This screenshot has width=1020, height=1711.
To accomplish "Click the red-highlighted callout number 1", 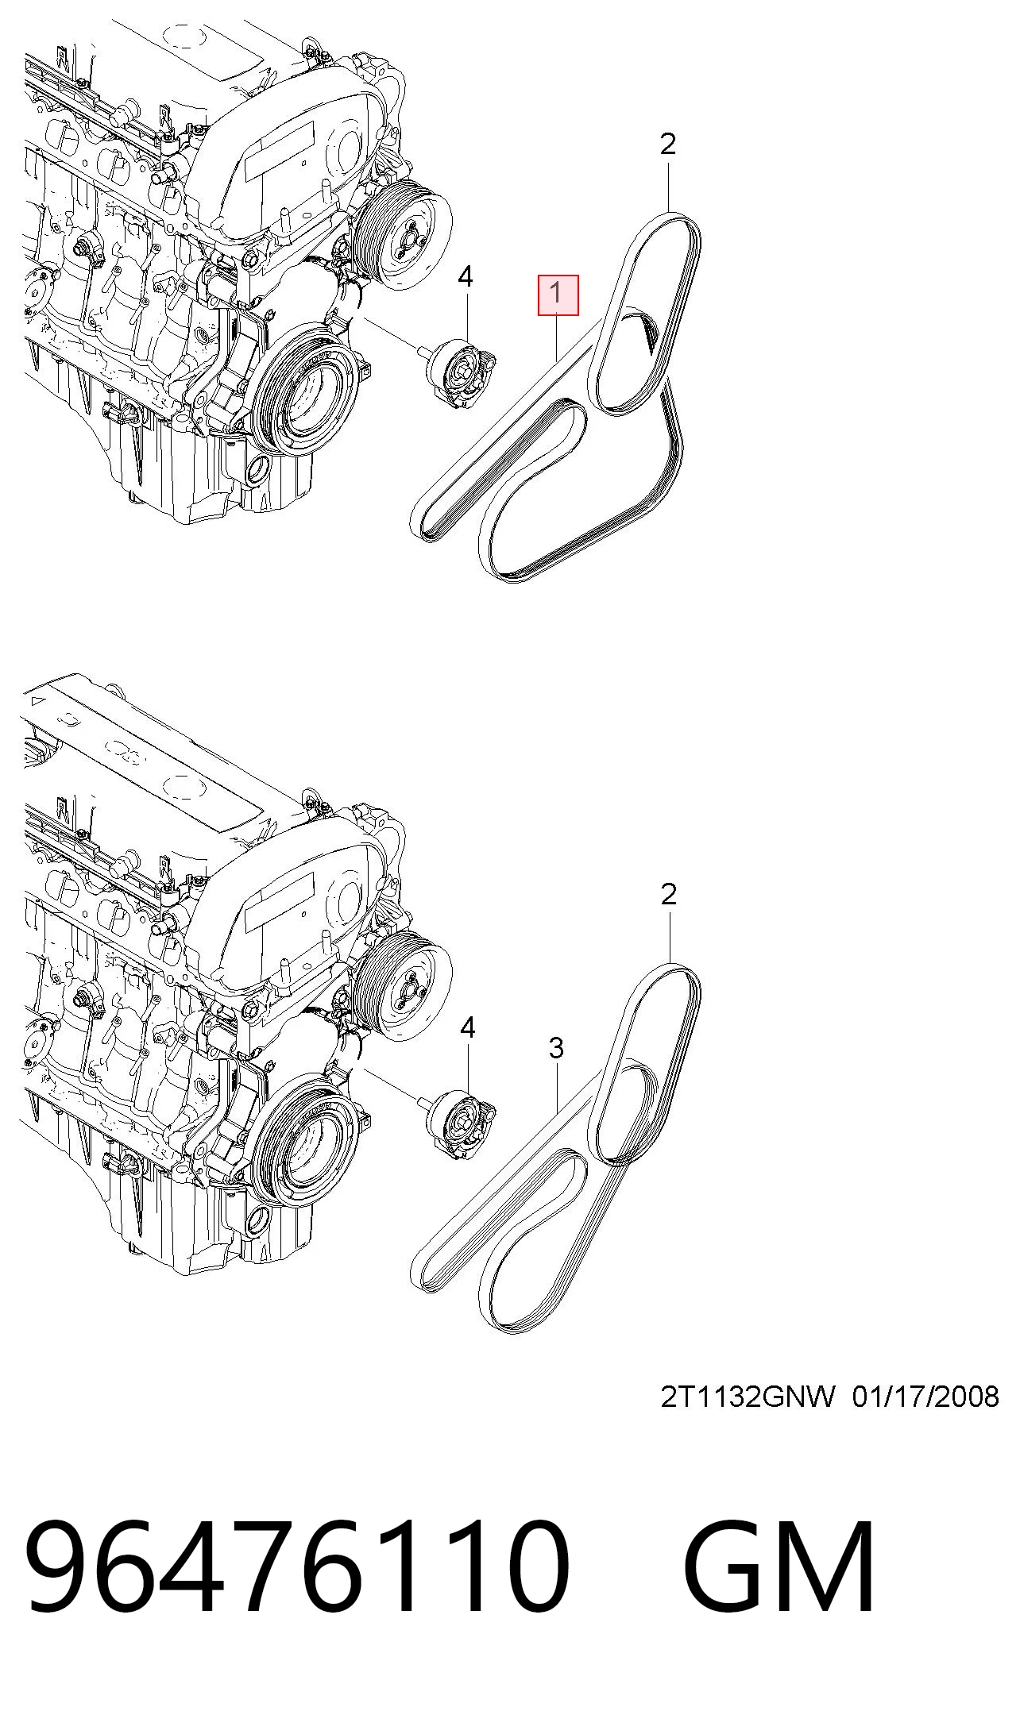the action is [558, 294].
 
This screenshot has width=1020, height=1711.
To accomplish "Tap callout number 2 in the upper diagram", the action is [668, 144].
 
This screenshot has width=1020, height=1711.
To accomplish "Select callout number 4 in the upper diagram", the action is [466, 277].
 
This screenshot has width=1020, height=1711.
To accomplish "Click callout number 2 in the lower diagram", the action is [669, 894].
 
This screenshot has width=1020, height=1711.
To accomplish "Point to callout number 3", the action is [557, 1048].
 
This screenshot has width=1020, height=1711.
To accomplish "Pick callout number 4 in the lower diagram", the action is [467, 1028].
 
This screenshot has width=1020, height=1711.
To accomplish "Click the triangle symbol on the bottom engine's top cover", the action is [37, 702].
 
